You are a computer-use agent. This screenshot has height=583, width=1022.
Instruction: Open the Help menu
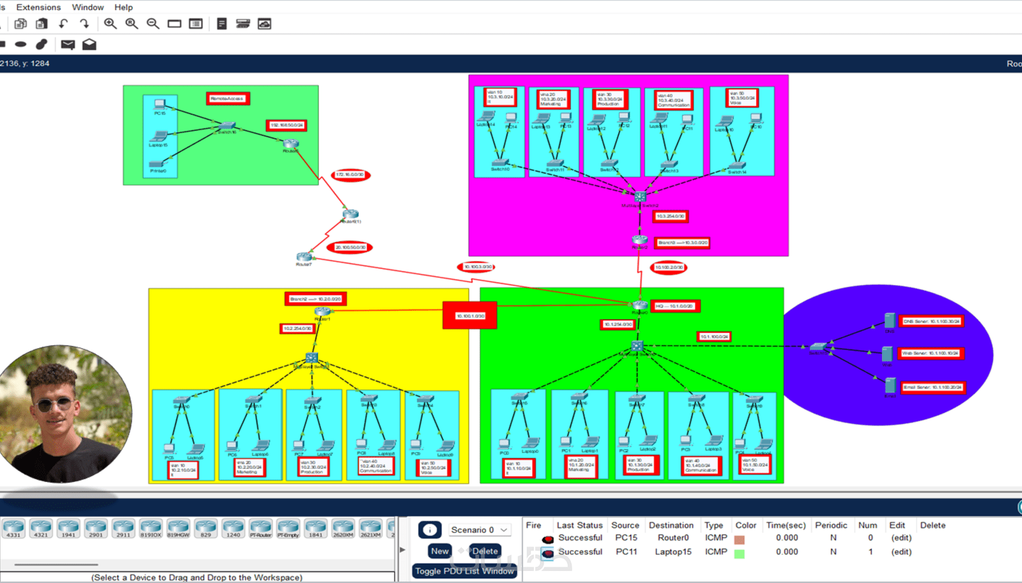(x=123, y=7)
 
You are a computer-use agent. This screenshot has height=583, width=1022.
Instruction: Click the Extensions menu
(x=38, y=7)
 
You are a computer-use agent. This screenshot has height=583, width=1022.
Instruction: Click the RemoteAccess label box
(x=228, y=99)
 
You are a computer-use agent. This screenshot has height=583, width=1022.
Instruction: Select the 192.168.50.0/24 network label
(x=287, y=125)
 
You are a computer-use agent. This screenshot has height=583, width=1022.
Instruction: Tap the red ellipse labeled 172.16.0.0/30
(x=350, y=175)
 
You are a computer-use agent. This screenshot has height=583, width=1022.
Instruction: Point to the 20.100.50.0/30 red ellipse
(x=350, y=247)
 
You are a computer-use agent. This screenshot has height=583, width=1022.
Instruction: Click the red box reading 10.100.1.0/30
(x=470, y=316)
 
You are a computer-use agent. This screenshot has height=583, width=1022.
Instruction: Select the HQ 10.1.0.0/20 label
(x=676, y=306)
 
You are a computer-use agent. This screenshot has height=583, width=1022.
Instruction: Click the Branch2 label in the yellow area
(x=315, y=299)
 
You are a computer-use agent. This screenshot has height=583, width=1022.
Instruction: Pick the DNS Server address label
(x=931, y=322)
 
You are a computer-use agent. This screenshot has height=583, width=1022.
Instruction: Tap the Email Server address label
(x=932, y=387)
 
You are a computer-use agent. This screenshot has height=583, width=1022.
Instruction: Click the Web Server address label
(x=931, y=353)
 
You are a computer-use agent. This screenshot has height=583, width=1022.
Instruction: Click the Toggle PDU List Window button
(x=464, y=571)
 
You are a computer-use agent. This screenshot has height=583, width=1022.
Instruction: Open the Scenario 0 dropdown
(x=479, y=530)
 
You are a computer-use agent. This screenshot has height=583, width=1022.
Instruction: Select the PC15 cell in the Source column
(x=625, y=538)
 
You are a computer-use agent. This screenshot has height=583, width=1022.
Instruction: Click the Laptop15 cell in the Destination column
(x=673, y=552)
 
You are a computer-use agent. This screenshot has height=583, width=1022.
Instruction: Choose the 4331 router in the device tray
(x=13, y=528)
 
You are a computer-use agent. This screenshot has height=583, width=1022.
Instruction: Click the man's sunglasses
(x=54, y=404)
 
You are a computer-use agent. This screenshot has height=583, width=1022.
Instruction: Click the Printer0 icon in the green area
(x=158, y=165)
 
